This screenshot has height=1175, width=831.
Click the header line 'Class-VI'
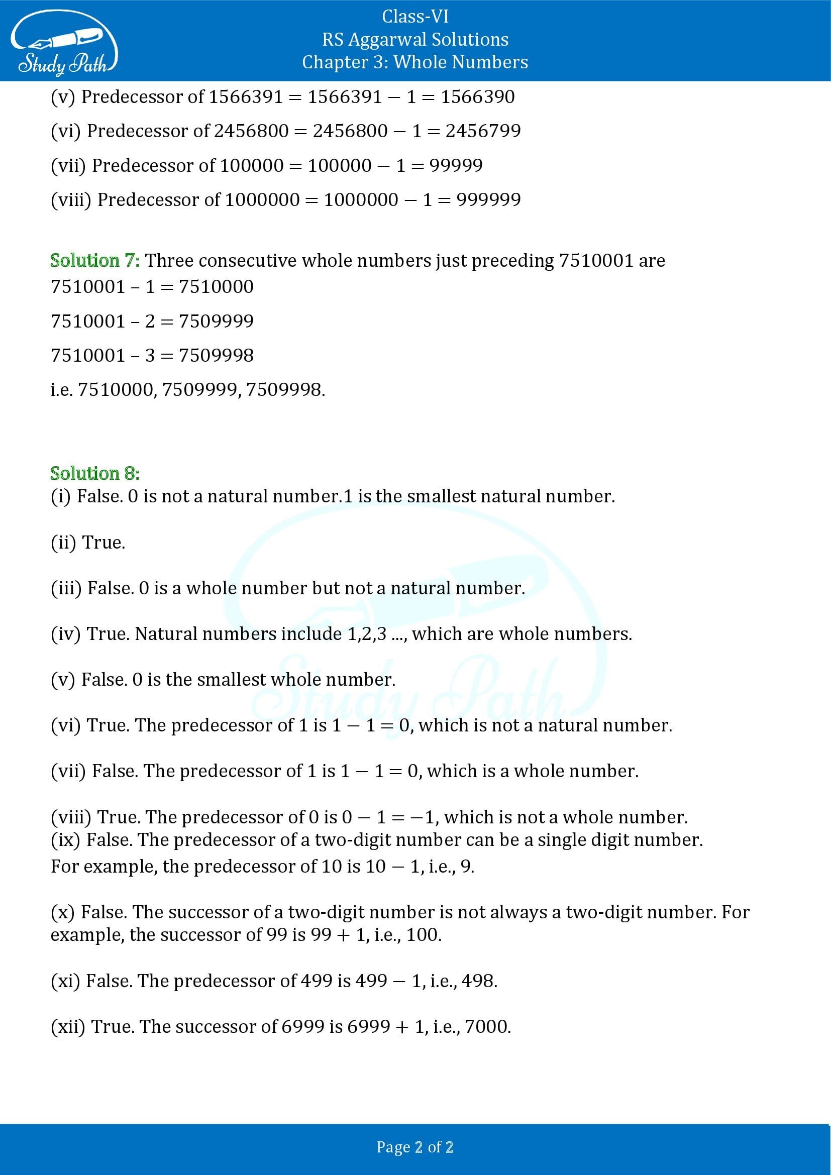[x=415, y=17]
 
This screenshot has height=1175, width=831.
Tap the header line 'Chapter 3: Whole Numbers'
[x=415, y=62]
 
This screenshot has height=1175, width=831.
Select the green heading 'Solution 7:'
[x=94, y=261]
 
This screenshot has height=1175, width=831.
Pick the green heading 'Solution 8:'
[x=94, y=473]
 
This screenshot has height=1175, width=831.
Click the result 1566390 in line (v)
[x=477, y=97]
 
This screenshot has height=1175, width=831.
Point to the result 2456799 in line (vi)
[x=482, y=131]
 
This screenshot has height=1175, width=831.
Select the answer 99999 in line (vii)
[x=456, y=165]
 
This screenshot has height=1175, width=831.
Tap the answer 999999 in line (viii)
[x=488, y=199]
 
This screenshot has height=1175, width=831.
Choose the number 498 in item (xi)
[x=478, y=981]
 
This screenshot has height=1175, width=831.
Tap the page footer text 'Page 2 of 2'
[x=415, y=1147]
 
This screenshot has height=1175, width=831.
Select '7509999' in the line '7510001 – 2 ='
[x=216, y=322]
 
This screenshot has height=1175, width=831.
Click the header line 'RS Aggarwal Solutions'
[x=415, y=39]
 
